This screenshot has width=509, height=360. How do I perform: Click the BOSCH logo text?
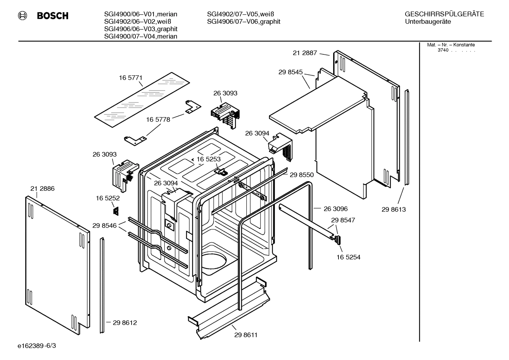pos(52,16)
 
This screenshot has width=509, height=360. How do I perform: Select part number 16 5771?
pos(130,78)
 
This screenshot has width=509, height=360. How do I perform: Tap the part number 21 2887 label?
pos(305,53)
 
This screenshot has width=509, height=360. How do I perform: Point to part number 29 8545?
pos(290,72)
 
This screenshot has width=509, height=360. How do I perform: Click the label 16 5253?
pos(208,159)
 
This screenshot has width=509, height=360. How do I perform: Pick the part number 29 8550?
pos(301,175)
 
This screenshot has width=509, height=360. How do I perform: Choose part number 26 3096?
pos(335,209)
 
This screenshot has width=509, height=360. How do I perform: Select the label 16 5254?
pos(348,257)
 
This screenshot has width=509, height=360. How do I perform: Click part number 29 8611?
pos(246,335)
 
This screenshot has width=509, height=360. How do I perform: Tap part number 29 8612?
pos(125,323)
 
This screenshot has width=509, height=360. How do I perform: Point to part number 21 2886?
pos(42,189)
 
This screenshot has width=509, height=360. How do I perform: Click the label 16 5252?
pos(108,199)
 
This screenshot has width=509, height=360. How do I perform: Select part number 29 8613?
pos(394,209)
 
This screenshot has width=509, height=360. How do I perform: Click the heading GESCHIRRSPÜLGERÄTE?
pos(444,14)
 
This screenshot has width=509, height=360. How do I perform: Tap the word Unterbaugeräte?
pos(428,22)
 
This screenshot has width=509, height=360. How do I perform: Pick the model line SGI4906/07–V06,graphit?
pos(244,22)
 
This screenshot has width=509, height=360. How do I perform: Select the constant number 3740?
pos(443,50)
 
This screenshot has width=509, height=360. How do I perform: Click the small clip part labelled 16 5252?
pos(115,211)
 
